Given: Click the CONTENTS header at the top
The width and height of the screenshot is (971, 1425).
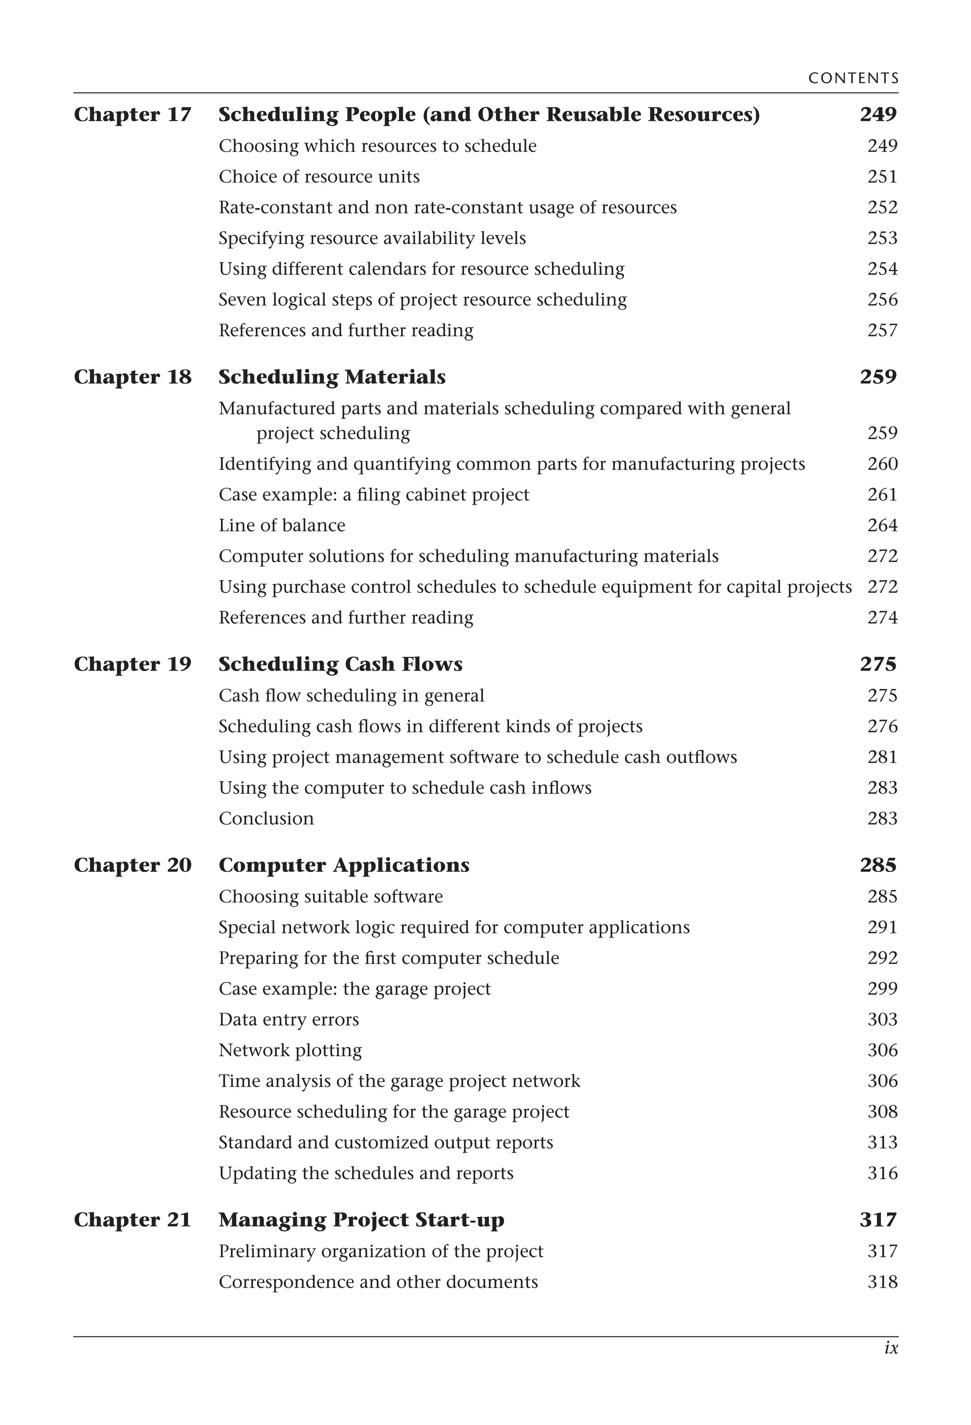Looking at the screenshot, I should click(853, 79).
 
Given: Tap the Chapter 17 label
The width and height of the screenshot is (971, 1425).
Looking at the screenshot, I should click(132, 115).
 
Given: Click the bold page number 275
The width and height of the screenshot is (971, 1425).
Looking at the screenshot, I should click(878, 664).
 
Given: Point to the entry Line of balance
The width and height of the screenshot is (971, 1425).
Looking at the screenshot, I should click(282, 526).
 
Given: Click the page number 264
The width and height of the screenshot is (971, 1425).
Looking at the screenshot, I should click(882, 526).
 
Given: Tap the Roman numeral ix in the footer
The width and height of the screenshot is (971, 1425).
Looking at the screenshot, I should click(891, 1348).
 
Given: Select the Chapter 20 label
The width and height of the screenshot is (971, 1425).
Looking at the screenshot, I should click(132, 865).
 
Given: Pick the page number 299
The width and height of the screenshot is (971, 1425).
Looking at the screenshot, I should click(882, 989).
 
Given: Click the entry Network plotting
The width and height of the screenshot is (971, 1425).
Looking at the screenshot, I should click(290, 1050).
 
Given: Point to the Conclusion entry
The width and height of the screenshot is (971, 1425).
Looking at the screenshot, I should click(266, 818).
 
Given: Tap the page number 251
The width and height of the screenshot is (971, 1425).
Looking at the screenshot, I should click(882, 177).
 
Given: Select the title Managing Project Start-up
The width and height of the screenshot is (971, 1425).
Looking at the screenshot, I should click(361, 1220).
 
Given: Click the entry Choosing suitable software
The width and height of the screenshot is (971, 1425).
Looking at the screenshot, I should click(330, 897).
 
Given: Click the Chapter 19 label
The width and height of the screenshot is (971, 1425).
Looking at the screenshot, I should click(132, 664).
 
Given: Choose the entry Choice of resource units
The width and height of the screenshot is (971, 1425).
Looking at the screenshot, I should click(319, 177).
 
